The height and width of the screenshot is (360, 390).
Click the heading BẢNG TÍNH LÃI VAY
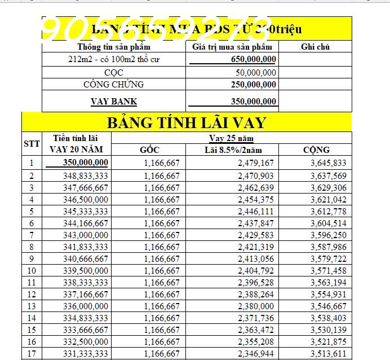point(186,122)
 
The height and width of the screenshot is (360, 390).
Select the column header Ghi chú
point(315,47)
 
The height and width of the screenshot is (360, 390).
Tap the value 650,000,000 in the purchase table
point(254,59)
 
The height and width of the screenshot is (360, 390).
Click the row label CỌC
point(114,72)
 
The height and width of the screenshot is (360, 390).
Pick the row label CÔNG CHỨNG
point(113,84)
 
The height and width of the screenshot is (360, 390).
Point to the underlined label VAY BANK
point(114,102)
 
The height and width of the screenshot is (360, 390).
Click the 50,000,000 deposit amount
point(256,72)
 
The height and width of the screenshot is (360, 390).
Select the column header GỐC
point(149,150)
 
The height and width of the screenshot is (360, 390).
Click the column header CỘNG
point(316,150)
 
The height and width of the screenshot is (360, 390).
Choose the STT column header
point(32,143)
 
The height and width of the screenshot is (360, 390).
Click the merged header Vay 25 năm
point(231,138)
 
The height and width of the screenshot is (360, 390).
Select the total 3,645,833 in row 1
point(328,164)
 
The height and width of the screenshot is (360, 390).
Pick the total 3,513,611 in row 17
point(328,354)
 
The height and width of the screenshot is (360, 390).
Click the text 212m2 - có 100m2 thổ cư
point(114,59)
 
